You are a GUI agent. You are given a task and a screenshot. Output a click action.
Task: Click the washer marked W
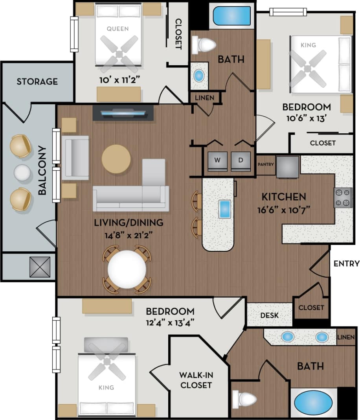217,160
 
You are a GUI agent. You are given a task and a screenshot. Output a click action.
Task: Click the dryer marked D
240,160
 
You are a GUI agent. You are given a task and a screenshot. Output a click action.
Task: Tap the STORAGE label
37,82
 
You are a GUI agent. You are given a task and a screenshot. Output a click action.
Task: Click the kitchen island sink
224,208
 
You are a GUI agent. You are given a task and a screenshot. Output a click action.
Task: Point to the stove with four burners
342,198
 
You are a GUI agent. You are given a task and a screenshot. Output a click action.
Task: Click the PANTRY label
266,164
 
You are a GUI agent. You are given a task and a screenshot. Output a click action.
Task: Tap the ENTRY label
346,264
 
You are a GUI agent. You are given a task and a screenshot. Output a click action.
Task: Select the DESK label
270,315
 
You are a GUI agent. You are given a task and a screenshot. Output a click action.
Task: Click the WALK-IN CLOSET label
196,379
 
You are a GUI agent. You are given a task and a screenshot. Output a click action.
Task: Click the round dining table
127,269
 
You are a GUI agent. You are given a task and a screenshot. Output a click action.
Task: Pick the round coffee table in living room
116,159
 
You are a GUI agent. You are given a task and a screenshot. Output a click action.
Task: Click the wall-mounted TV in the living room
123,113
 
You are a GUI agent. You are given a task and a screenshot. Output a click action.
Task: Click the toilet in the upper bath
204,44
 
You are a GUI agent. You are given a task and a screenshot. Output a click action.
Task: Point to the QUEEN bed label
118,29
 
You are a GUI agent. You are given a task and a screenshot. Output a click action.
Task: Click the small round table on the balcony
22,173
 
